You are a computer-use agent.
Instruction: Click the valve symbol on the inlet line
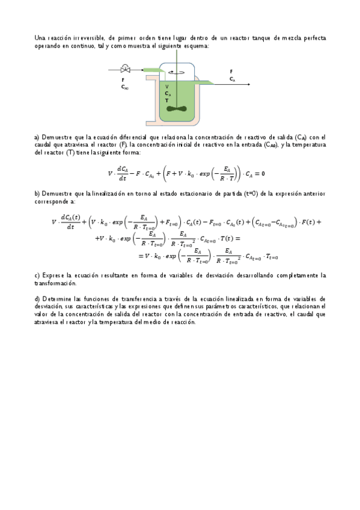[x=125, y=70]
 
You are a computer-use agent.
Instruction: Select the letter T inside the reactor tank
[x=166, y=101]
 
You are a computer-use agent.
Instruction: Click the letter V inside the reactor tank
[x=166, y=87]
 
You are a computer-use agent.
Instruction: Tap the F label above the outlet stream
[x=231, y=71]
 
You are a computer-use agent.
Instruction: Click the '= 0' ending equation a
[x=260, y=174]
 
